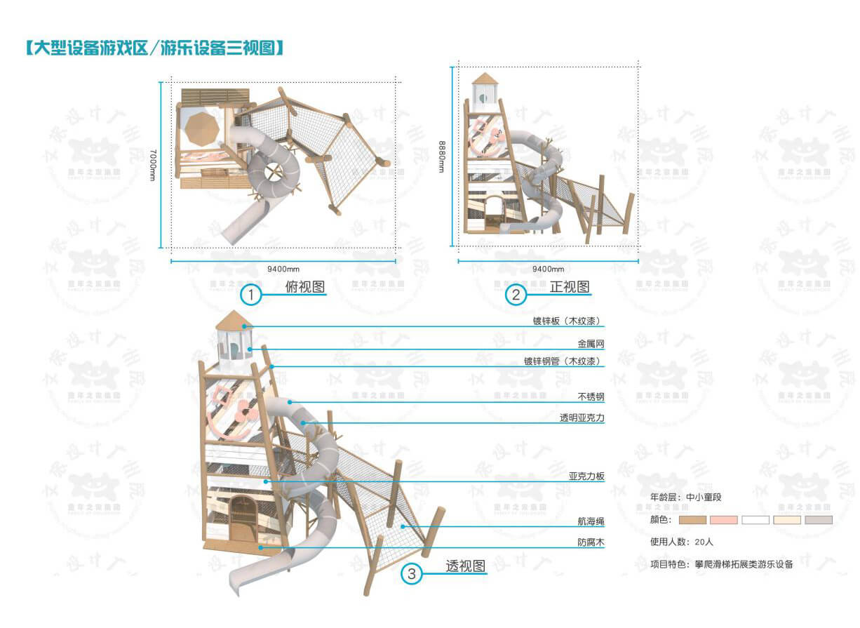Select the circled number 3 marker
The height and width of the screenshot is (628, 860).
tap(412, 575)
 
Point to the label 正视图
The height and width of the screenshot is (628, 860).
tap(570, 286)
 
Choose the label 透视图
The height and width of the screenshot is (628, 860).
tap(466, 566)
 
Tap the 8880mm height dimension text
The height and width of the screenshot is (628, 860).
tap(442, 156)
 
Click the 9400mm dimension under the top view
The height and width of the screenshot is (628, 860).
tap(283, 269)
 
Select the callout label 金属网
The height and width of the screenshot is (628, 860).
tap(591, 345)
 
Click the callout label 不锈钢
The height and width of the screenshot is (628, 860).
tap(591, 397)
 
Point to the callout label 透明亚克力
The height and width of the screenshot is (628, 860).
tap(582, 417)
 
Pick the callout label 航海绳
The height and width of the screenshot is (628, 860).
tap(591, 522)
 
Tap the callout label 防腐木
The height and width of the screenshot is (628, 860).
tap(591, 542)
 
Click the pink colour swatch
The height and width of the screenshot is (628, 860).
tap(724, 520)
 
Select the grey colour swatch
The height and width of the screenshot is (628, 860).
tap(819, 520)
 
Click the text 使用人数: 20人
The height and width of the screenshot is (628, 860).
tap(682, 542)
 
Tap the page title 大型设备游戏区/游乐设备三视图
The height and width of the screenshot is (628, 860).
tap(154, 48)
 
